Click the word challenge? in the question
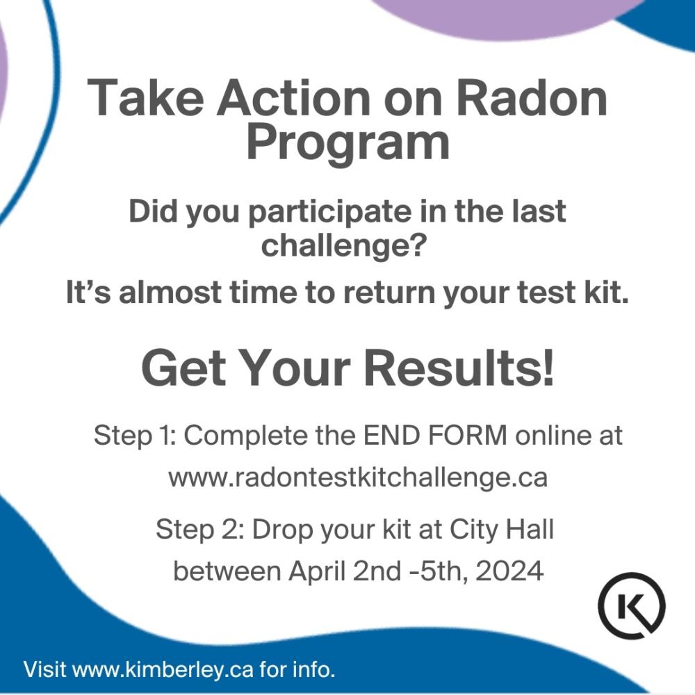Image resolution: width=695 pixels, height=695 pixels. [x=344, y=246]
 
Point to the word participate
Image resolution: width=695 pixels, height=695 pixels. [x=329, y=212]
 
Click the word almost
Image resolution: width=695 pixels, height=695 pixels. [x=170, y=293]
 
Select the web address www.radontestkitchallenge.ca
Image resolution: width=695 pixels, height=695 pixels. [x=358, y=478]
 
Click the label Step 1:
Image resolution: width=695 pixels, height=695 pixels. [x=136, y=435]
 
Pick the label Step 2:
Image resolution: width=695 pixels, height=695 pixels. [x=200, y=529]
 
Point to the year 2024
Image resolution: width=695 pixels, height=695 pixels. [x=509, y=571]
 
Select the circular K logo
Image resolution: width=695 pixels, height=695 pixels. [x=632, y=605]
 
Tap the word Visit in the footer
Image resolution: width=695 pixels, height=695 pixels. [x=44, y=669]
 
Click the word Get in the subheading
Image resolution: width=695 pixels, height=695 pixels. [x=183, y=368]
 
